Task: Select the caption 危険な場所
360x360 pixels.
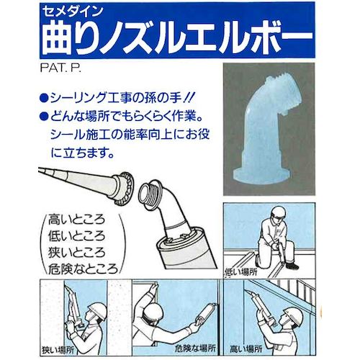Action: pos(180,348)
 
